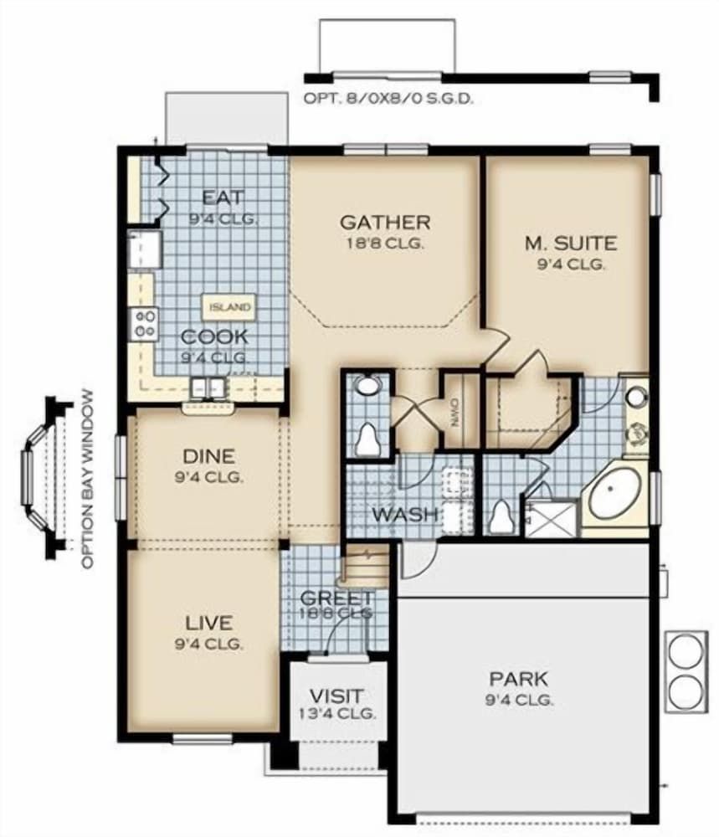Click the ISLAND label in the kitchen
[229, 307]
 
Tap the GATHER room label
[385, 223]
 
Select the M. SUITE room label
[570, 244]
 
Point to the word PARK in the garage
[519, 678]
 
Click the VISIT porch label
[336, 696]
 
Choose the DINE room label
[208, 457]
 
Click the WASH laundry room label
[405, 513]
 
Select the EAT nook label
[223, 198]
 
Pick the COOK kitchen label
[214, 336]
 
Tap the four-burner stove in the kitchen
[144, 323]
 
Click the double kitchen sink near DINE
[207, 388]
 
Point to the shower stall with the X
[551, 517]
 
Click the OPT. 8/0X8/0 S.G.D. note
[388, 98]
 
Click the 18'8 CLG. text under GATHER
[385, 244]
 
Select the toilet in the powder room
[367, 439]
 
